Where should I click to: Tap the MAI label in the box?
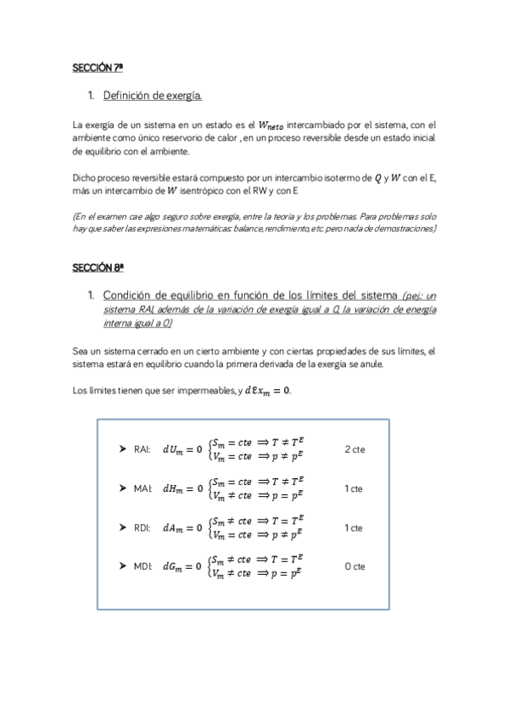(142, 488)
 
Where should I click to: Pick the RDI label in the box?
(142, 527)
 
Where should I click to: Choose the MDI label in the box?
(142, 566)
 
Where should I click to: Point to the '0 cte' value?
(354, 566)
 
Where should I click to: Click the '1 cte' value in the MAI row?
(354, 488)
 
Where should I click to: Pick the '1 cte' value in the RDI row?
(354, 527)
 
